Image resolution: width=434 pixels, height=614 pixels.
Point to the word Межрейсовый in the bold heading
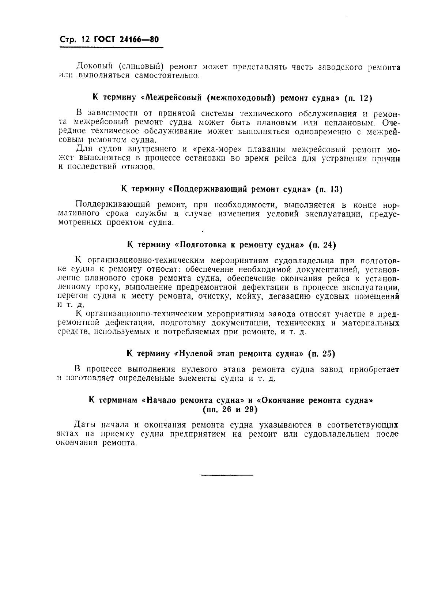175,98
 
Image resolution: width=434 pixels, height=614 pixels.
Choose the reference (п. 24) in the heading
322,245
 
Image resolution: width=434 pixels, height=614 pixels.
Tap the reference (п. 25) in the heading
321,354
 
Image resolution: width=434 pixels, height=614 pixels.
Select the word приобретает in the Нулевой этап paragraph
374,369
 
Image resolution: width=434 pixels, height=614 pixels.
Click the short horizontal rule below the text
227,475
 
